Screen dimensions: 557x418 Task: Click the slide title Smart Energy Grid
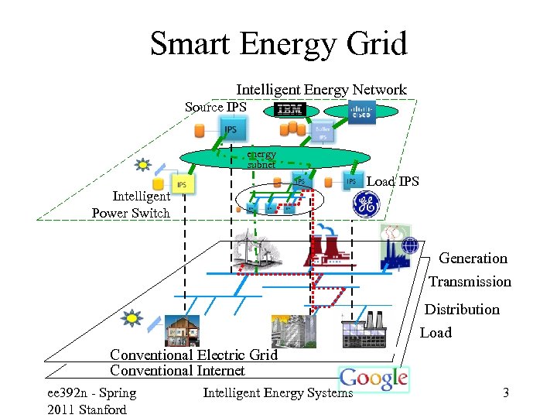[x=278, y=44]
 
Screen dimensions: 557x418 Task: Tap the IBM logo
[x=290, y=111]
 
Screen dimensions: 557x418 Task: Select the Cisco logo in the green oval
[x=361, y=111]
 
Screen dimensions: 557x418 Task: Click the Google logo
[x=374, y=379]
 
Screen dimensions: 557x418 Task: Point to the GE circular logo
[x=366, y=204]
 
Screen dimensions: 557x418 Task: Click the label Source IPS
[x=215, y=107]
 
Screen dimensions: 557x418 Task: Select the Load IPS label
[x=392, y=182]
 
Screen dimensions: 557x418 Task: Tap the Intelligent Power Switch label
[x=132, y=205]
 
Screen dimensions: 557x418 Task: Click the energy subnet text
[x=261, y=159]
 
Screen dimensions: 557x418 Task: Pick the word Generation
[x=473, y=259]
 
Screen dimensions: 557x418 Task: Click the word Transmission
[x=470, y=282]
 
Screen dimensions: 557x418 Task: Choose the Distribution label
[x=462, y=310]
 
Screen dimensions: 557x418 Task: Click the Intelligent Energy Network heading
[x=321, y=90]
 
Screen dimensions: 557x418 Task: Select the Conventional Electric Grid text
[x=193, y=355]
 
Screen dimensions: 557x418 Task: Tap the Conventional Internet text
[x=177, y=371]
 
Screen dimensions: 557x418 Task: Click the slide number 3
[x=505, y=393]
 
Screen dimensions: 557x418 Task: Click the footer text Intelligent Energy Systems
[x=277, y=393]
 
